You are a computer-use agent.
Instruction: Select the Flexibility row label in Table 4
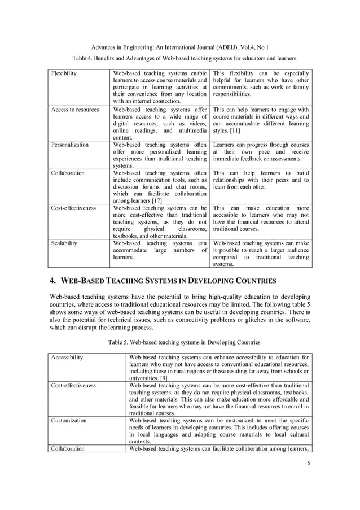click(x=64, y=74)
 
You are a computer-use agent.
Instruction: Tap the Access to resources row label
click(x=75, y=110)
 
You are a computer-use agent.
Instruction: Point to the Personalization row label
click(x=70, y=145)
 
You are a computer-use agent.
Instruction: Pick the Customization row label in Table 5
click(x=69, y=421)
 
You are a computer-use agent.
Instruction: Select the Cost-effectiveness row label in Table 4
click(x=73, y=208)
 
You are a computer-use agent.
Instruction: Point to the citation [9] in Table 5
click(x=161, y=378)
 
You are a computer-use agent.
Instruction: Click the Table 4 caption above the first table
click(x=180, y=58)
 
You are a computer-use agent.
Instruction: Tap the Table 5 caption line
click(x=180, y=342)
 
